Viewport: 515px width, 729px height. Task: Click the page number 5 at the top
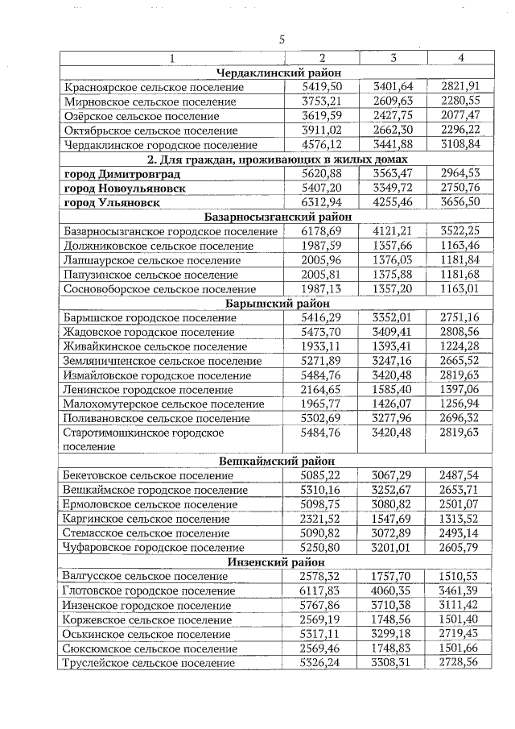282,39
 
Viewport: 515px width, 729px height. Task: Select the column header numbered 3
393,57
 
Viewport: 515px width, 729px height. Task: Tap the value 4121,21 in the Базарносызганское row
393,231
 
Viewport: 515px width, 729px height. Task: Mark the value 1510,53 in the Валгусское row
460,576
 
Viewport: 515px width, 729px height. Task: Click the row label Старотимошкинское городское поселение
143,439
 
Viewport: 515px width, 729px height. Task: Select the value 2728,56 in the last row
460,662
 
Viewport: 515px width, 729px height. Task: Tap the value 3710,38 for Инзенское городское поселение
393,605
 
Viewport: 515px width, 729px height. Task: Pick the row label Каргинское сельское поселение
146,519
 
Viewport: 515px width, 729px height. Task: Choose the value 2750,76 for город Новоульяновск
460,188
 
